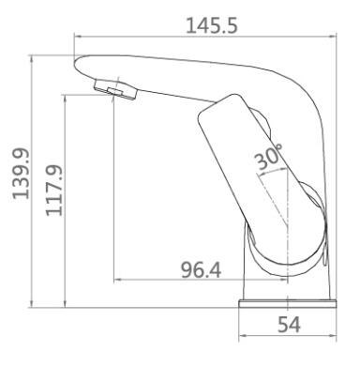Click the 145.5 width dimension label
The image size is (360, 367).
point(212,25)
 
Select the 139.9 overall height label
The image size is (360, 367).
point(22,174)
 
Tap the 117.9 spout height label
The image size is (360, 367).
point(54,191)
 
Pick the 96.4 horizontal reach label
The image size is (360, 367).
point(202,270)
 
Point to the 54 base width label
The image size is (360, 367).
point(289,325)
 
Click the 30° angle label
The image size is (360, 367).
point(268,157)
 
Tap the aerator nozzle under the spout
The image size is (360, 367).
point(115,90)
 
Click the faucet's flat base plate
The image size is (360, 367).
point(288,304)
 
